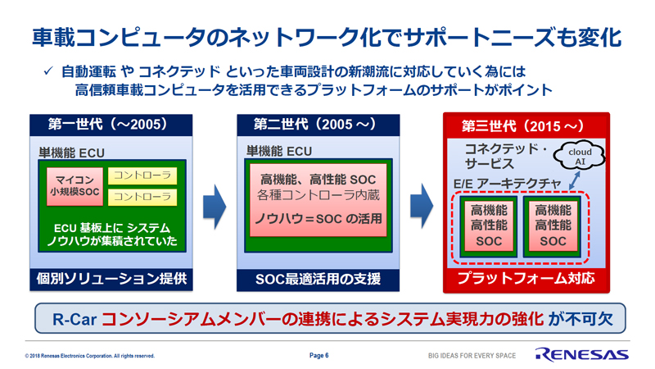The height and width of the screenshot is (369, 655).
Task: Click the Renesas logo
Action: [x=582, y=354]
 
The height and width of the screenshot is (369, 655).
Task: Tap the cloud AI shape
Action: [x=580, y=155]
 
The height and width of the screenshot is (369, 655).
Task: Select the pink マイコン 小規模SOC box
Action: [x=75, y=186]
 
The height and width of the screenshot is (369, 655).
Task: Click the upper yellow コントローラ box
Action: [x=142, y=175]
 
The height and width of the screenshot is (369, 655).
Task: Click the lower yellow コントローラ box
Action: [x=142, y=197]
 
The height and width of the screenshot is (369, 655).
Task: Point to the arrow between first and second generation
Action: [x=215, y=207]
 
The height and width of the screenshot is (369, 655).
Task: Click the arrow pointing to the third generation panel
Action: [x=422, y=206]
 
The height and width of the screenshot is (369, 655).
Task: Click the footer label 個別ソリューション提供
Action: [x=111, y=279]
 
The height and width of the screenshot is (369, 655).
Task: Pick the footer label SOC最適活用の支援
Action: [x=318, y=280]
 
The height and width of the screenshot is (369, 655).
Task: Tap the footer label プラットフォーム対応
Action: [x=526, y=279]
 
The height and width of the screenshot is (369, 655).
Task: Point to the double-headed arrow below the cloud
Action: [x=575, y=180]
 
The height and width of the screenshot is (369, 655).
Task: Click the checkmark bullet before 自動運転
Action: [x=48, y=71]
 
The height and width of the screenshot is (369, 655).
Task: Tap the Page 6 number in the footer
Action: [x=318, y=356]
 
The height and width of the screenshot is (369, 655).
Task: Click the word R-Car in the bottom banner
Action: [x=74, y=320]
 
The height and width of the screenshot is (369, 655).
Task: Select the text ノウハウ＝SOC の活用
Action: [x=318, y=218]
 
